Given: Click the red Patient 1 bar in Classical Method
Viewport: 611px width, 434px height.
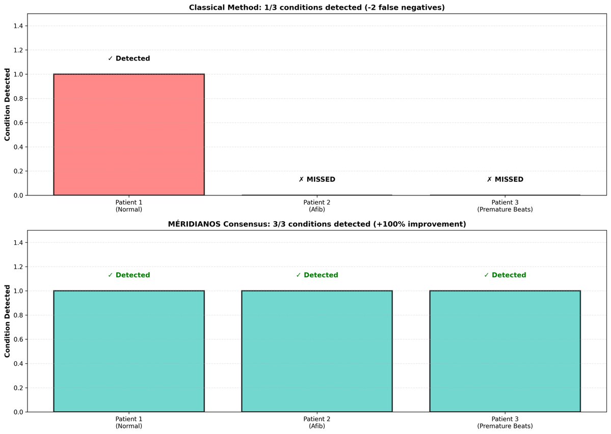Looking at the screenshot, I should point(128,135).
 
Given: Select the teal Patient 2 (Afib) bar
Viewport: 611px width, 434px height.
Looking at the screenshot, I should point(316,351).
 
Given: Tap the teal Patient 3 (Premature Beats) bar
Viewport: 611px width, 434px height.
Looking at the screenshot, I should point(504,351).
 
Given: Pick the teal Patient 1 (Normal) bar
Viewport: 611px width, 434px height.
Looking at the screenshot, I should point(128,351).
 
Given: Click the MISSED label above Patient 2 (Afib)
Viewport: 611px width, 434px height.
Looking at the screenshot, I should point(316,180).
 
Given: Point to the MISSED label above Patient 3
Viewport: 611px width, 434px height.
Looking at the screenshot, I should point(504,180).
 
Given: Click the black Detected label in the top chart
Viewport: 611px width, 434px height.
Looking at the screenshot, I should point(129,59).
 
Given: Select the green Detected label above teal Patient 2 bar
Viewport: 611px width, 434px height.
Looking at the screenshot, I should point(316,275).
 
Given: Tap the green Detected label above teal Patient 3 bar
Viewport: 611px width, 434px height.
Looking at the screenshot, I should point(504,275).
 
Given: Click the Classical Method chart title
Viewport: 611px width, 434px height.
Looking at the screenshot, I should point(316,7).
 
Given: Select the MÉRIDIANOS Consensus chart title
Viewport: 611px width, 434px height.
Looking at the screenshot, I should point(316,224).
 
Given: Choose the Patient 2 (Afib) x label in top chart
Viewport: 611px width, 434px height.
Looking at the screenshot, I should point(316,206).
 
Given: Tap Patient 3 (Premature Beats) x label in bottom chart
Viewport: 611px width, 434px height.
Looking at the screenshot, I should point(504,422).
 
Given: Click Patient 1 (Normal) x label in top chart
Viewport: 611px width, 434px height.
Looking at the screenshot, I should point(128,206).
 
